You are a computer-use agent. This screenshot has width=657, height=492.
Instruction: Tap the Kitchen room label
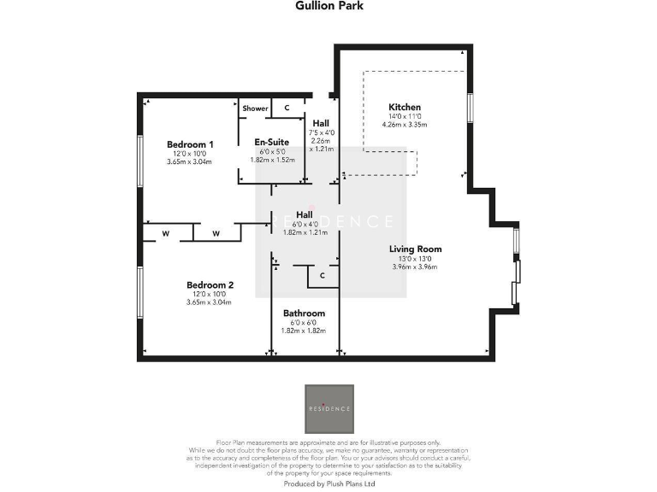(x=405, y=107)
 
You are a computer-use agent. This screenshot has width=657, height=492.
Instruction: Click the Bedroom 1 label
(x=189, y=144)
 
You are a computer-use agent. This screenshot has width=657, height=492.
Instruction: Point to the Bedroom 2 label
(x=210, y=284)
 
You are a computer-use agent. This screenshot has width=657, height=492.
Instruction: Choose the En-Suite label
(x=272, y=142)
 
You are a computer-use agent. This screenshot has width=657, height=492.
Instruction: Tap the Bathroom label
(x=304, y=313)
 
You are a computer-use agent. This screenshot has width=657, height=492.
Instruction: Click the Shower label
(x=255, y=108)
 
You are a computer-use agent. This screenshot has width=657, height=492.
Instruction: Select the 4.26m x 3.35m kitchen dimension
(x=405, y=125)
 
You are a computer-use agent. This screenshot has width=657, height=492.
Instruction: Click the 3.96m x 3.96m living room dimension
(x=414, y=267)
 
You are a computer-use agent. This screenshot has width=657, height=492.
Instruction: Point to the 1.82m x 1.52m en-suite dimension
(x=272, y=160)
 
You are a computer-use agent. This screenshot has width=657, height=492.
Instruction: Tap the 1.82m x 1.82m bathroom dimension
(x=304, y=331)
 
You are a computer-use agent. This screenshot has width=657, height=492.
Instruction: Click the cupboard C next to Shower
(x=287, y=108)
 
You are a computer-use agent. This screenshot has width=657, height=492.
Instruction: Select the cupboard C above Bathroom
(x=322, y=276)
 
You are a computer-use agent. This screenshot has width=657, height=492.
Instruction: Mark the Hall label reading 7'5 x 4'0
(x=320, y=123)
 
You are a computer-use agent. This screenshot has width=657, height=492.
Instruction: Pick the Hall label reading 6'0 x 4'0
(x=304, y=214)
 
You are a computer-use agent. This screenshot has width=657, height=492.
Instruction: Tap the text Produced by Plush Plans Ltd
(x=329, y=483)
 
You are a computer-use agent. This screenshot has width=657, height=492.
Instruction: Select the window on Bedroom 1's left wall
(x=139, y=157)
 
